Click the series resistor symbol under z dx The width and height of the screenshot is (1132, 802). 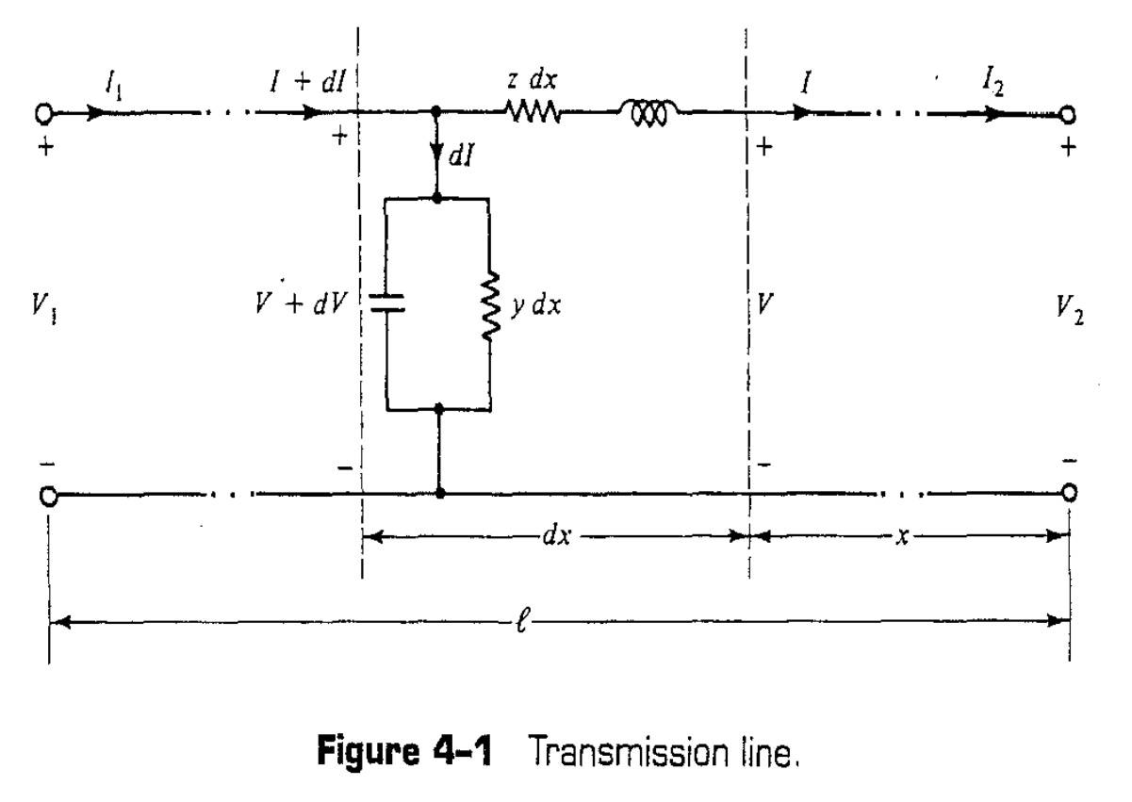coord(534,114)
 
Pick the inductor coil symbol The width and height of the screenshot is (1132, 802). coord(646,114)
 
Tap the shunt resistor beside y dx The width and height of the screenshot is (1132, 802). coord(489,304)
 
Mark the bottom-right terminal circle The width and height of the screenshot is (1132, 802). coord(1068,493)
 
